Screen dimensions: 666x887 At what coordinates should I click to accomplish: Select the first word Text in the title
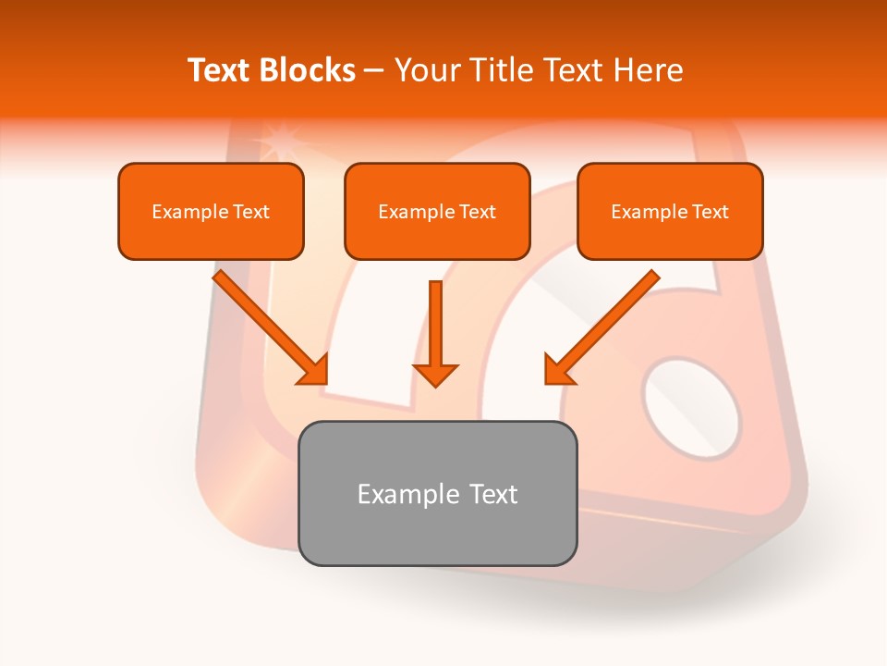(223, 70)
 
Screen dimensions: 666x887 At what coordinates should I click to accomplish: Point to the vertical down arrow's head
(435, 374)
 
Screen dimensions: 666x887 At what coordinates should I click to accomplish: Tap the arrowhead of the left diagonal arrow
(314, 370)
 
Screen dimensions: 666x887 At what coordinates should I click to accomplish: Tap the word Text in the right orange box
(710, 212)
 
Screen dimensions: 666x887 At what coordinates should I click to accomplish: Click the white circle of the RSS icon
(691, 408)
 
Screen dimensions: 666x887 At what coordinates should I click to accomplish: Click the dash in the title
(374, 71)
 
